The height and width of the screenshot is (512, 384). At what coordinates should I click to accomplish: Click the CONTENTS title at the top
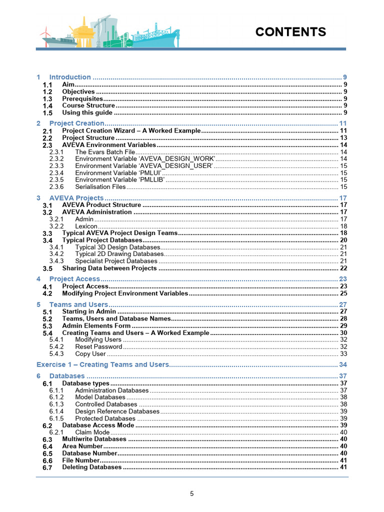[x=290, y=32]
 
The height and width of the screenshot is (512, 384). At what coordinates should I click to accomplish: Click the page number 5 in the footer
[x=191, y=493]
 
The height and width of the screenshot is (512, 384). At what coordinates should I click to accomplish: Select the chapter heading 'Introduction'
[x=70, y=77]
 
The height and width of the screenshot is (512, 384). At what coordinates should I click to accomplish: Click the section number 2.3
[x=47, y=145]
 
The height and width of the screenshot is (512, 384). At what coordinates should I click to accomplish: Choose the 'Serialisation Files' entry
[x=100, y=186]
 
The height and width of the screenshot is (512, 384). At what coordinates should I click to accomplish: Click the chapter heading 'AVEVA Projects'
[x=76, y=198]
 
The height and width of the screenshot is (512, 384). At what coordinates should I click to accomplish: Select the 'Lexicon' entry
[x=86, y=226]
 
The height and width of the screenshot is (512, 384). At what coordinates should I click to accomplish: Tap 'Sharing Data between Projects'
[x=109, y=268]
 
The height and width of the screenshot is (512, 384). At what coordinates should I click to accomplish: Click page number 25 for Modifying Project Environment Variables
[x=343, y=293]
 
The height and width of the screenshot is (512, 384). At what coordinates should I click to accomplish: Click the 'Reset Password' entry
[x=98, y=346]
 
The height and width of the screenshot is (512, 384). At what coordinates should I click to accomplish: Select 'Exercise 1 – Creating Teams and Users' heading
[x=103, y=364]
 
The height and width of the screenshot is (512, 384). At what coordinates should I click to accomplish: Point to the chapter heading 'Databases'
[x=67, y=376]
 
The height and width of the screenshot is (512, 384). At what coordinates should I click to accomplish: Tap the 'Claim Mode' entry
[x=92, y=432]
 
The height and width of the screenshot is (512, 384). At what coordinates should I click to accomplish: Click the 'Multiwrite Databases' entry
[x=94, y=439]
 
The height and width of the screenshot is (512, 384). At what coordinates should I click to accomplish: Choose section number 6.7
[x=47, y=467]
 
